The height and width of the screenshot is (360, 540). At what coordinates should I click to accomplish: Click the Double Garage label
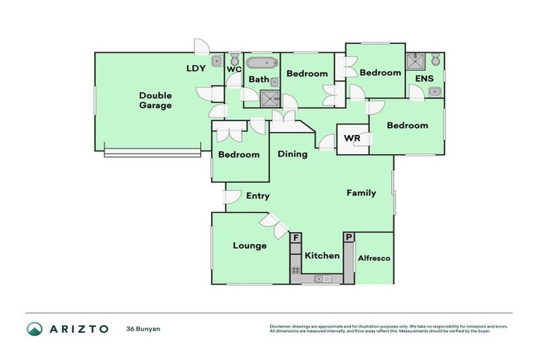(155, 100)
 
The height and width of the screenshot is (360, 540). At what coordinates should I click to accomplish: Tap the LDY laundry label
(195, 68)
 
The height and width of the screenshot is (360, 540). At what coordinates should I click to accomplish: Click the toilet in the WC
(233, 61)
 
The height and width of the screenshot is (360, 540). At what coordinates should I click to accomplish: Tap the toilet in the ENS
(436, 58)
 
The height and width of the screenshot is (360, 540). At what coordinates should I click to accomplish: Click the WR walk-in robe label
(352, 138)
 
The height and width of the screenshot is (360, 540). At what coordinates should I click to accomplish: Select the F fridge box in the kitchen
(296, 239)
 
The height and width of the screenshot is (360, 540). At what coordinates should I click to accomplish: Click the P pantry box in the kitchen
(349, 239)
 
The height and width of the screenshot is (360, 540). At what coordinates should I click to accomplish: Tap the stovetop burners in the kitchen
(296, 269)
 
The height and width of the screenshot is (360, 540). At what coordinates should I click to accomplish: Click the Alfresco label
(375, 258)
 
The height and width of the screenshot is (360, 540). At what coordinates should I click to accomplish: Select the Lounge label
(250, 245)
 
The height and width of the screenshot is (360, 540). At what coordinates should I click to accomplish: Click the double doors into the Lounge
(274, 226)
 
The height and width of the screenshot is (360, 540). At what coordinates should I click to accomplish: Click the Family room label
(361, 193)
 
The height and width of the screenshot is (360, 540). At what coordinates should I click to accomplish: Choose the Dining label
(292, 154)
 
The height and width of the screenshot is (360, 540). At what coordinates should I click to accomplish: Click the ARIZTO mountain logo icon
(34, 328)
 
